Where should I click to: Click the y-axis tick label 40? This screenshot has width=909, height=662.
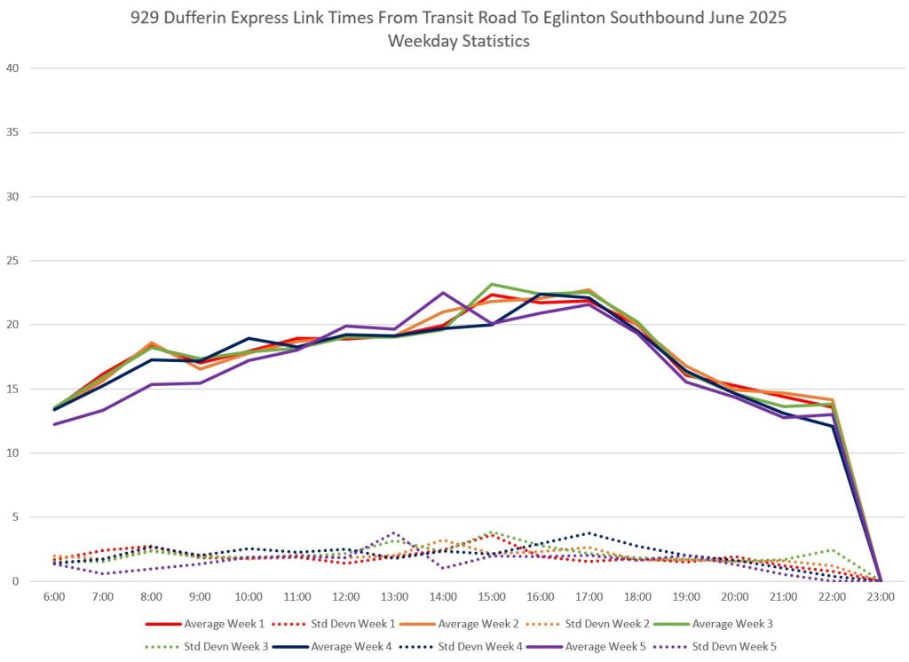(x=13, y=68)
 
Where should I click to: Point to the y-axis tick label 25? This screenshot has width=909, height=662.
(x=13, y=261)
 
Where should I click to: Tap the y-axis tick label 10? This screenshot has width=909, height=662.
(x=13, y=453)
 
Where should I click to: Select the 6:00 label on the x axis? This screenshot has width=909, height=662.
(x=54, y=596)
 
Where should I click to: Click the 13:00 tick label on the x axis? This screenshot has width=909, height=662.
(x=394, y=596)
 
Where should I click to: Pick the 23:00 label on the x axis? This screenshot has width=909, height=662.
(x=880, y=596)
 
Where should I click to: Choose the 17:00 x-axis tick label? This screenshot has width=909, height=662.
(x=589, y=596)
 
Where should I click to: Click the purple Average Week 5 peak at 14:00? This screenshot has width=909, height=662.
(x=443, y=292)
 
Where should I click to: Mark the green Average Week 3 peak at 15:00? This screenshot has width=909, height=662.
(x=492, y=284)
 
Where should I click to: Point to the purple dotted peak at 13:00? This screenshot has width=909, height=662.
(x=394, y=532)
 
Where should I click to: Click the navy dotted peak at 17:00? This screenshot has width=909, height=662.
(x=589, y=532)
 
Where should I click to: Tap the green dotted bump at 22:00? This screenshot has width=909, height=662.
(x=832, y=550)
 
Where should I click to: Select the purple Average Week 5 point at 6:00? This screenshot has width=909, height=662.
(x=54, y=424)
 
